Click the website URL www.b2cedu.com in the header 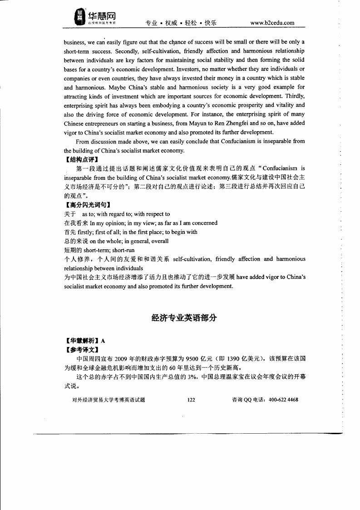272,23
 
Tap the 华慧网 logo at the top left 95,17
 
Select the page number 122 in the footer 191,400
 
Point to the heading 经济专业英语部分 184,318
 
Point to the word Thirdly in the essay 294,96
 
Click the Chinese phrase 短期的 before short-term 73,250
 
